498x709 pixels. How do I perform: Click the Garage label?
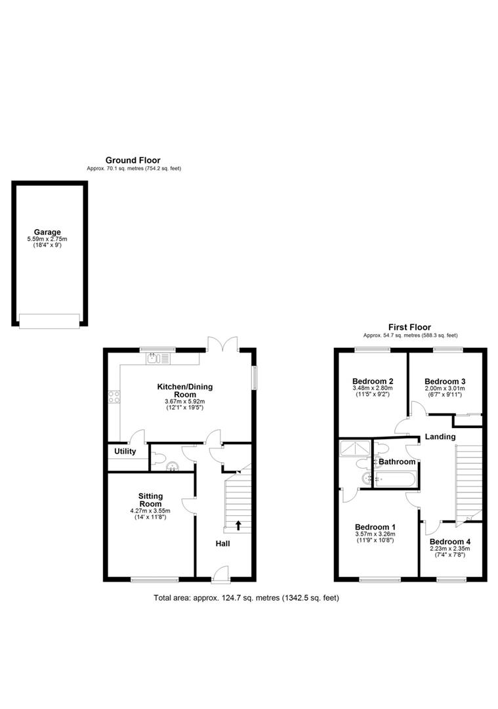[x=48, y=232]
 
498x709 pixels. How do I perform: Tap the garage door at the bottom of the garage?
[x=49, y=320]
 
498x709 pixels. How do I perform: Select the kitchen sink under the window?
[x=157, y=358]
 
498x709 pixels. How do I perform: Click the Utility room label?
[x=125, y=452]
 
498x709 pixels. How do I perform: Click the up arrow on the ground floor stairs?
[x=238, y=525]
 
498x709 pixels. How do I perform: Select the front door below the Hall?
[x=220, y=574]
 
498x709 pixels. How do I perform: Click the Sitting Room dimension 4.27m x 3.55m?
[x=150, y=511]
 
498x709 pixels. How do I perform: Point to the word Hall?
[x=222, y=544]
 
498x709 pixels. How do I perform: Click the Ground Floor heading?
[x=133, y=160]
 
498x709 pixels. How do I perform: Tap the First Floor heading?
[x=409, y=327]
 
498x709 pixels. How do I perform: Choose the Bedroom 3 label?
[x=445, y=381]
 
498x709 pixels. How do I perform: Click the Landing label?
[x=440, y=437]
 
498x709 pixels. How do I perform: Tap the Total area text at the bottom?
[x=246, y=598]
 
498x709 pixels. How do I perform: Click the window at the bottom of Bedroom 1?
[x=380, y=579]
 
